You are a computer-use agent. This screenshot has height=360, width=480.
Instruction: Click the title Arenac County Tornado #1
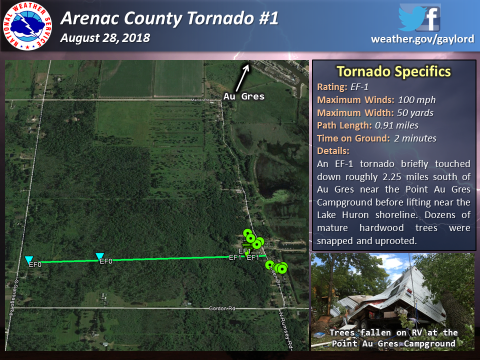pos(169,19)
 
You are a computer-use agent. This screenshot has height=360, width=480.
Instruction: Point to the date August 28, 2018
pos(105,38)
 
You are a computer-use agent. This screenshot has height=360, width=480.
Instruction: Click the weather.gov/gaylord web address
pos(422,39)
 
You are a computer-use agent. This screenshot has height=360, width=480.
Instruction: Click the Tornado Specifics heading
pos(393,71)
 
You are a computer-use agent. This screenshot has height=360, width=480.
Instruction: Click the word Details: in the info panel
pos(333,151)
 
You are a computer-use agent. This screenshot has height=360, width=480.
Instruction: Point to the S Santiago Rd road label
pos(14,298)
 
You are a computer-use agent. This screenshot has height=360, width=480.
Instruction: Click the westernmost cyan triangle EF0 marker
pos(28,259)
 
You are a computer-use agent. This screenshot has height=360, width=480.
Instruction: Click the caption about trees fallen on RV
pos(393,338)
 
